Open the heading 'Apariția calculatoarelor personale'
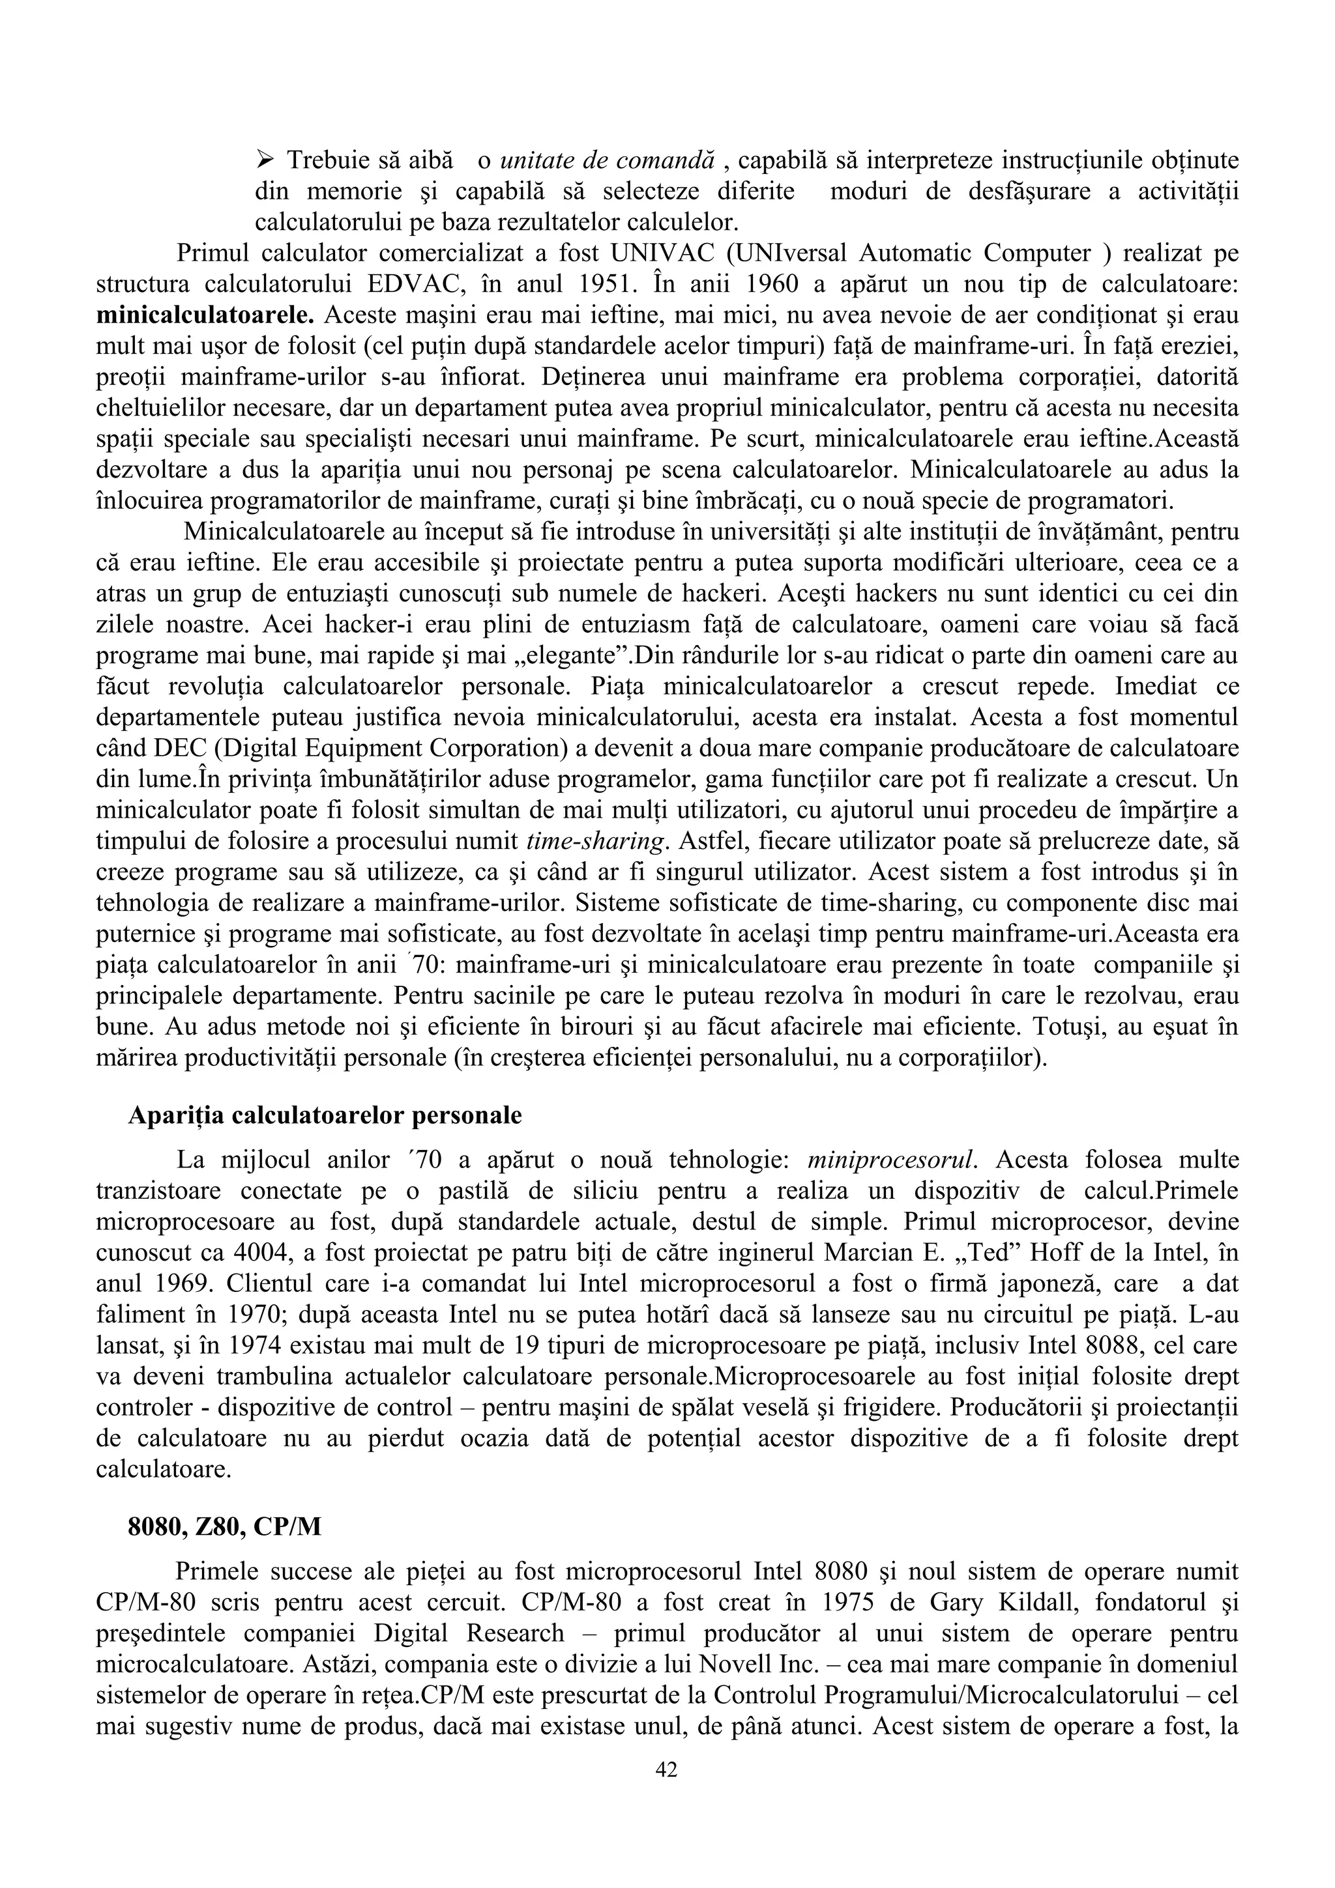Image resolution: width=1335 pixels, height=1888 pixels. [325, 1116]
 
